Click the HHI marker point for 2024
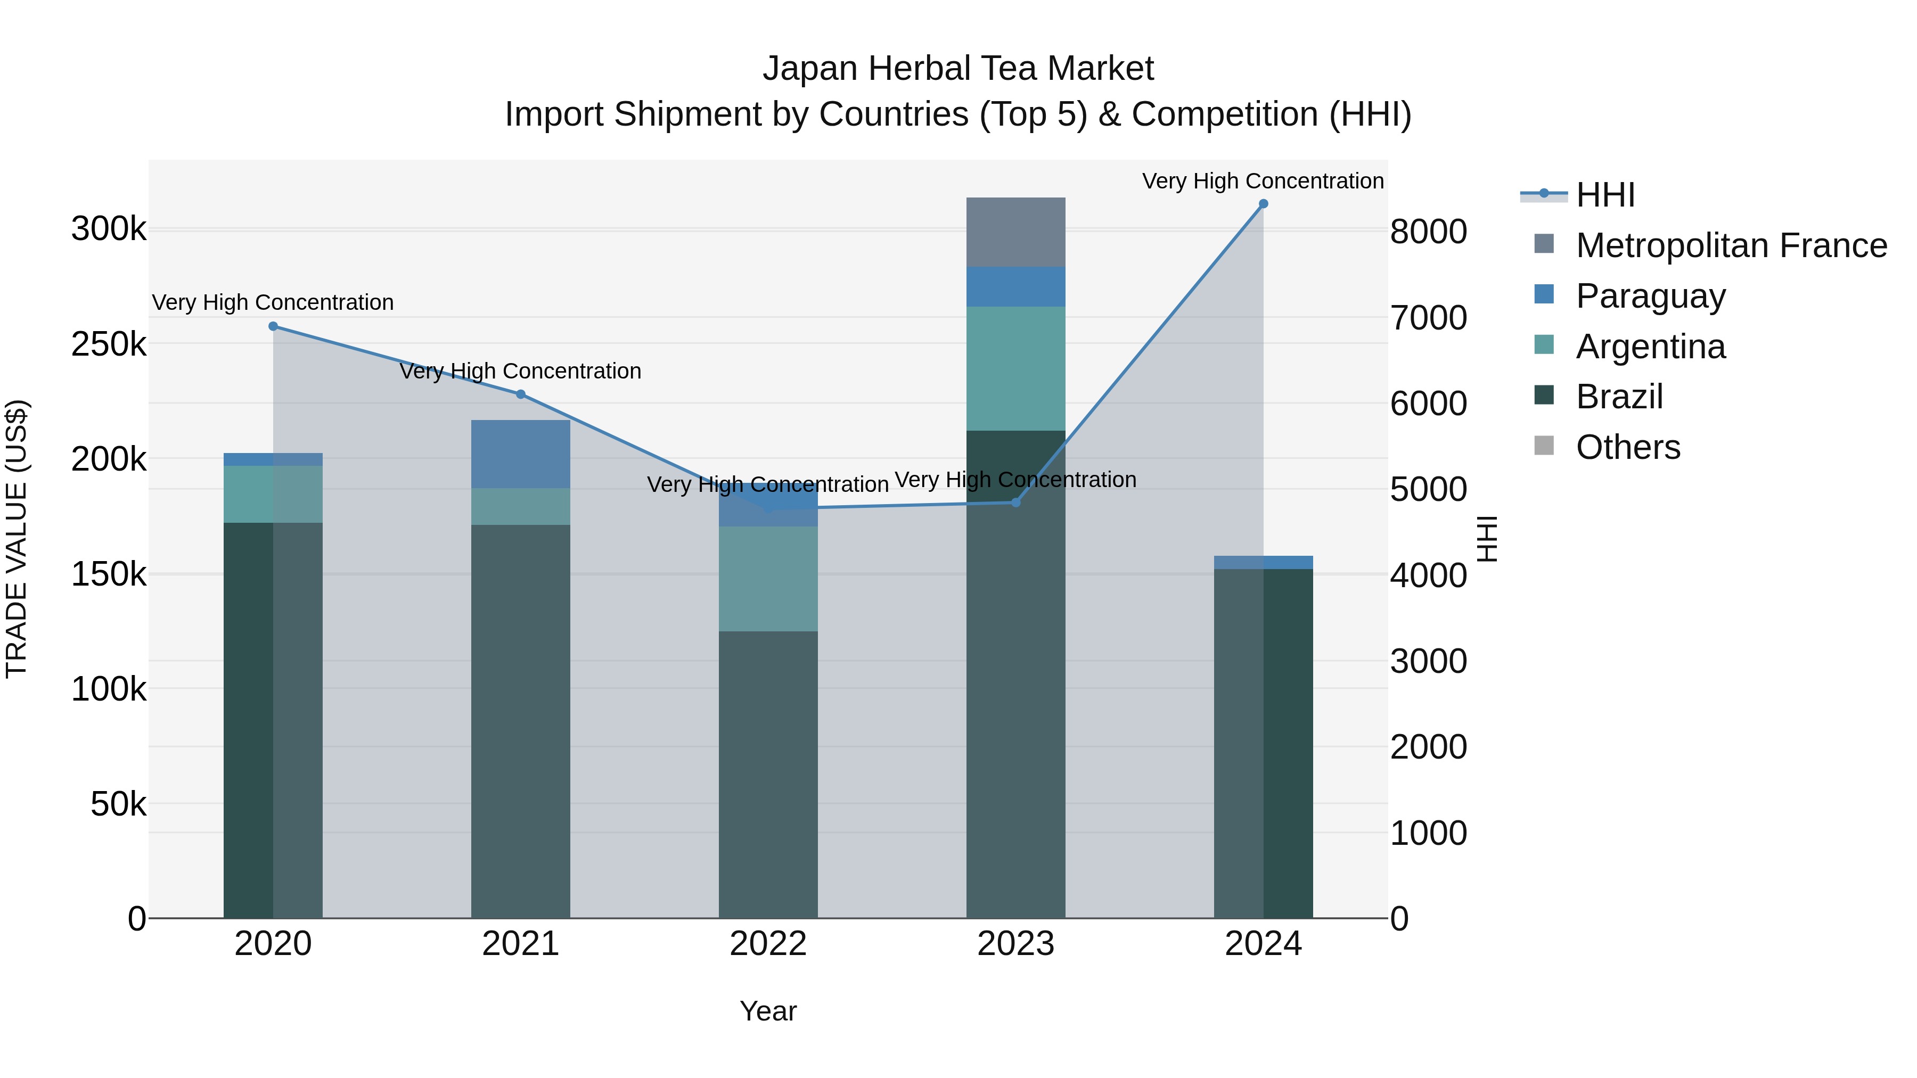point(1263,204)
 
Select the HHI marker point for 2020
point(273,326)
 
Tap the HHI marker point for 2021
point(521,394)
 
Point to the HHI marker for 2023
point(1016,502)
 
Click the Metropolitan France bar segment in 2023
point(1016,232)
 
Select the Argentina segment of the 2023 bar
point(1016,368)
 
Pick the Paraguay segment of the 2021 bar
point(521,454)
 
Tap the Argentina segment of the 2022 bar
point(768,579)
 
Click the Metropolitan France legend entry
point(1731,245)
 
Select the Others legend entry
point(1627,447)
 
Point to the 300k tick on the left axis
point(109,229)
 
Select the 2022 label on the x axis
point(768,944)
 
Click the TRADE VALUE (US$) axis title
point(17,539)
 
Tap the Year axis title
point(768,1011)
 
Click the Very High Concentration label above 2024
point(1263,181)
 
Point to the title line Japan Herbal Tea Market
point(958,69)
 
